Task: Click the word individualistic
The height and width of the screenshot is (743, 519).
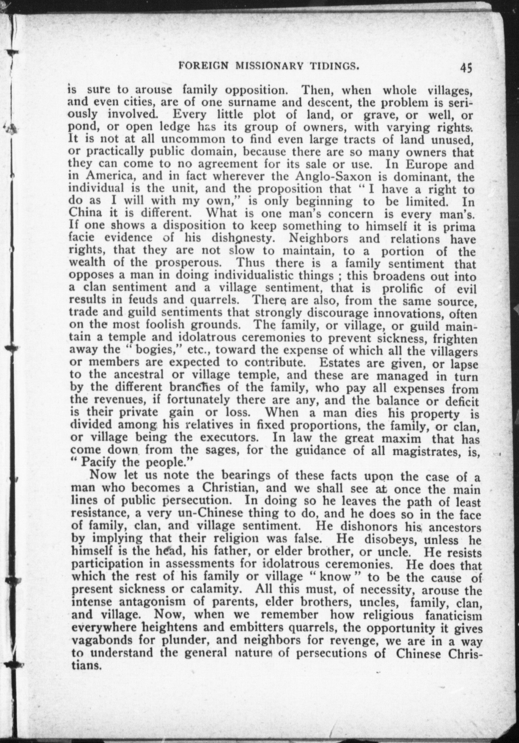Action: [256, 276]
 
